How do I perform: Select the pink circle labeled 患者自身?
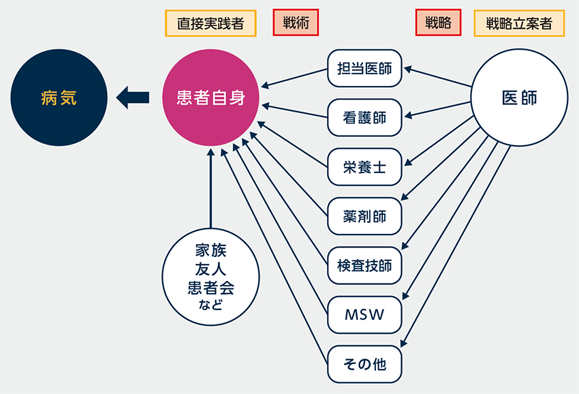point(211,98)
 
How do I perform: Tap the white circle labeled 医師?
point(519,98)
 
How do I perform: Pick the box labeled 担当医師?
point(364,68)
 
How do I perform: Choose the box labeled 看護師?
point(364,117)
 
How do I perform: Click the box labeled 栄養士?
point(364,166)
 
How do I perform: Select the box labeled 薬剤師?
point(364,216)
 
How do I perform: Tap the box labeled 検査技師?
point(364,265)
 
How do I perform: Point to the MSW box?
point(364,315)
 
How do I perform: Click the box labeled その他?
point(364,364)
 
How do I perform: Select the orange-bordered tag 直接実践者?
point(210,23)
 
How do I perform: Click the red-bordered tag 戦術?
point(296,23)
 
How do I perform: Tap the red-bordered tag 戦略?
point(438,23)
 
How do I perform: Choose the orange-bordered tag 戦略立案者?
point(519,23)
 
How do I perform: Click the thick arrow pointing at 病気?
point(133,99)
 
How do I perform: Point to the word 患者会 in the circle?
point(211,287)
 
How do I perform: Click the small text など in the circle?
point(211,303)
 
